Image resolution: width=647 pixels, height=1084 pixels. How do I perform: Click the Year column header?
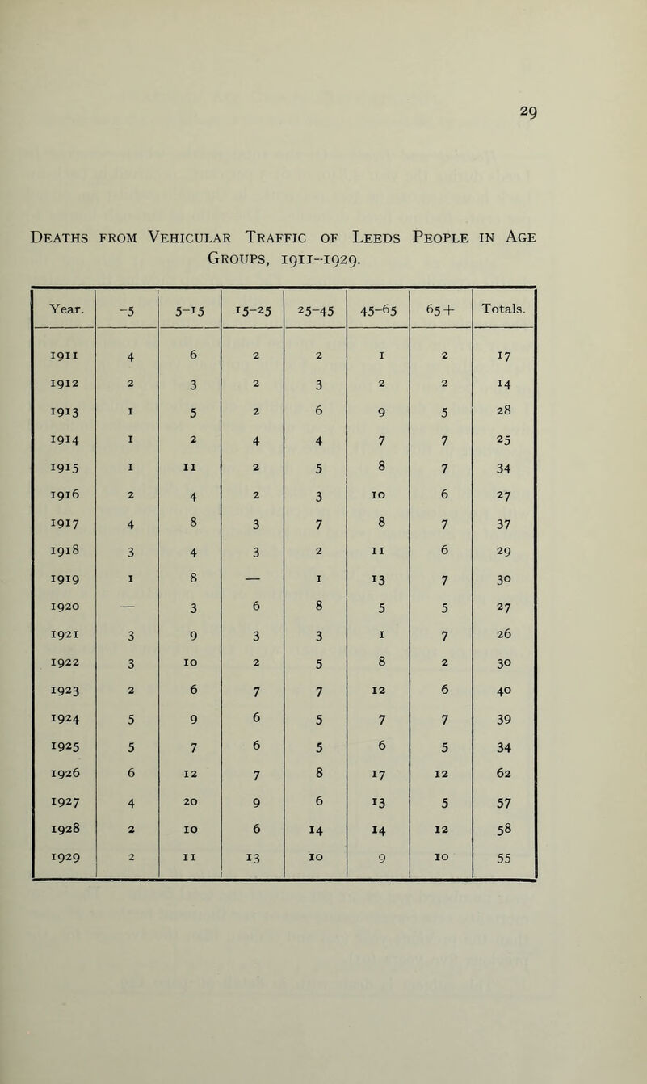(62, 306)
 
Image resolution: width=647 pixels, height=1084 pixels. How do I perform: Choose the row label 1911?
(62, 353)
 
